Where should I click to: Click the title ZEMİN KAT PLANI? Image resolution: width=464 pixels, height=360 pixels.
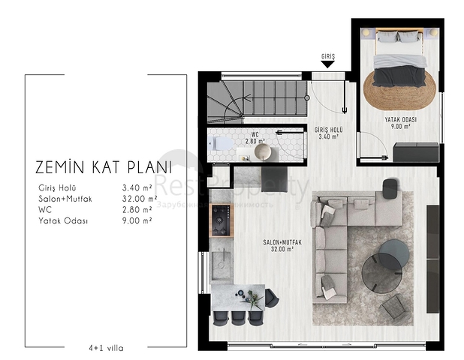coord(104,166)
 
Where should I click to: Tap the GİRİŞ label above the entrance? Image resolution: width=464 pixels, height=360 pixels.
coord(327,57)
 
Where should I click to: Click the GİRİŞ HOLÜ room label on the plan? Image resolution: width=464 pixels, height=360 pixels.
coord(328,133)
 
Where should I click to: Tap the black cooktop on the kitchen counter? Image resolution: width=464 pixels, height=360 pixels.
coord(221,217)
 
